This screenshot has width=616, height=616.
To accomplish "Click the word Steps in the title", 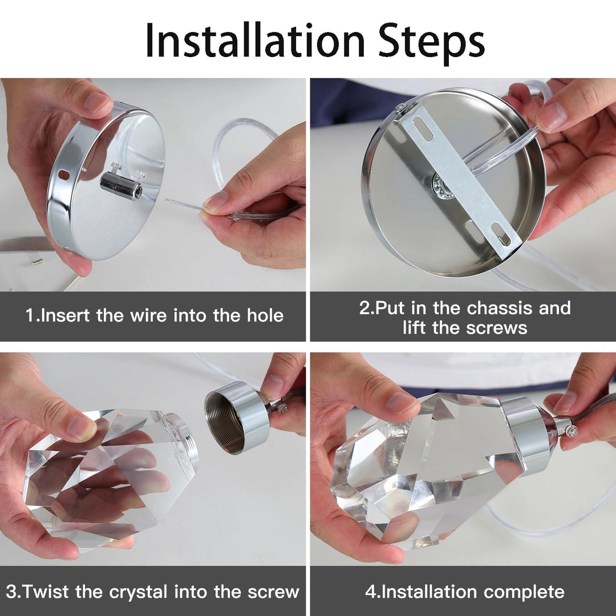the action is coord(431,43).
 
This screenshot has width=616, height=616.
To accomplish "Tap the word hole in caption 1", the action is coord(265,315).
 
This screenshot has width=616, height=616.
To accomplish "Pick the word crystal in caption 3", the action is coord(138,592).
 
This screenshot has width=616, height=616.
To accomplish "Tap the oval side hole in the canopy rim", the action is coord(63,173).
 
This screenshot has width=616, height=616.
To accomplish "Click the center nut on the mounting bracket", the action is coord(440,183).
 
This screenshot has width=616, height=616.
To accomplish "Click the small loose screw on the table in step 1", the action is coord(38,261).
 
